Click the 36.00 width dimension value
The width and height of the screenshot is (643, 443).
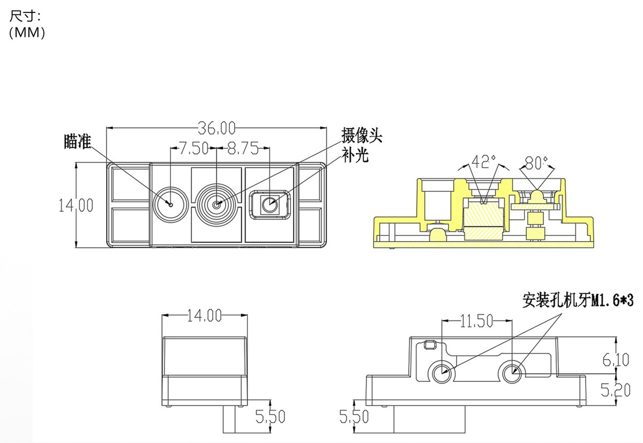coord(216,128)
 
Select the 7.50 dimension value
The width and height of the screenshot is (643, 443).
coord(193,148)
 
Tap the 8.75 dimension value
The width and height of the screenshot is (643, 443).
coord(243,148)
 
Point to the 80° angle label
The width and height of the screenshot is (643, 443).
coord(536,163)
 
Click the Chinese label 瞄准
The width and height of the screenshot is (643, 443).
coord(78,141)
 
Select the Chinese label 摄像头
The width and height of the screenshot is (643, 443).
coord(362,135)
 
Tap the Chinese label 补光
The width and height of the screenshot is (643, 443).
coord(355,156)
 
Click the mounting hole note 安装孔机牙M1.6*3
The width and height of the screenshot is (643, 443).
coord(578,301)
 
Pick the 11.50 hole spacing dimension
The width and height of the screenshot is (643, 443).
coord(476,321)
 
